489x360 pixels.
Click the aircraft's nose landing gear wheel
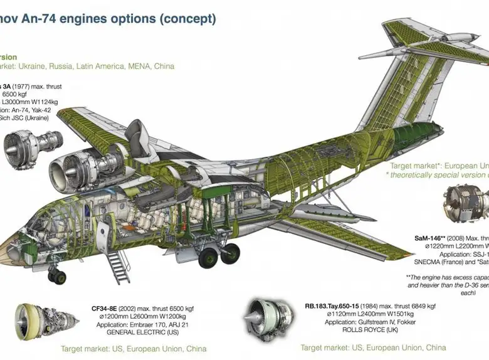click(x=56, y=277)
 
